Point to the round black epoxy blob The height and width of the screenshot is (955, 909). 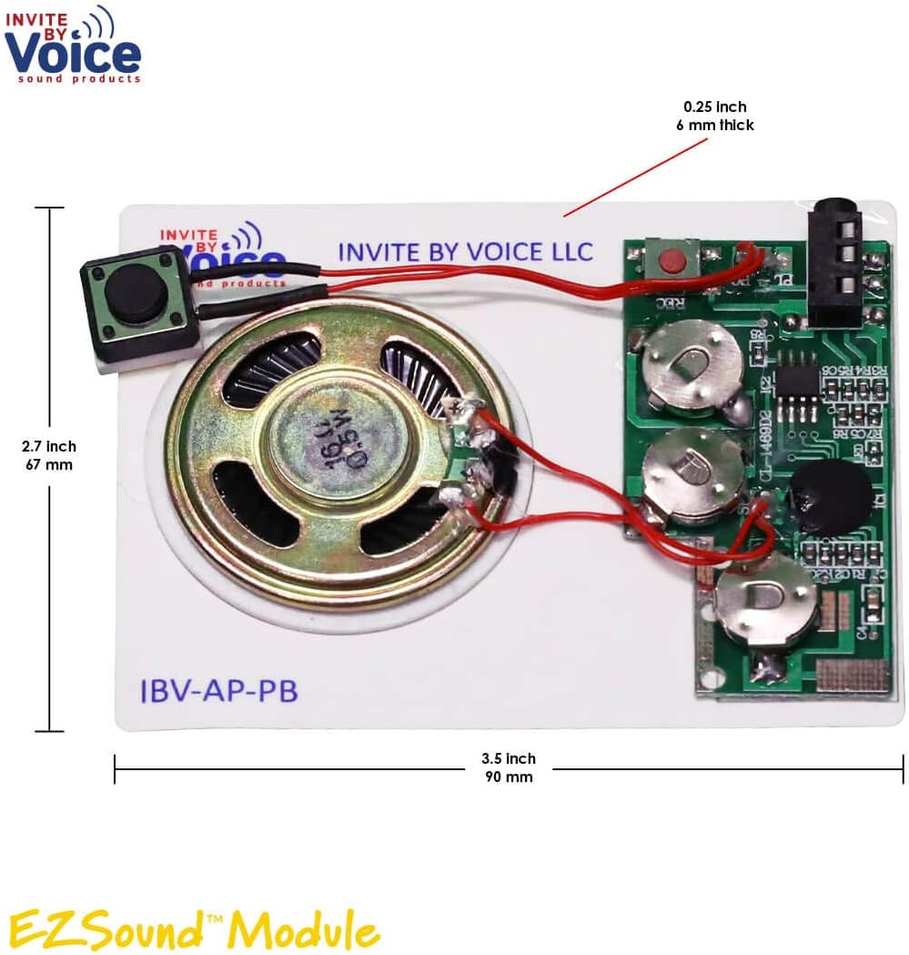click(x=829, y=497)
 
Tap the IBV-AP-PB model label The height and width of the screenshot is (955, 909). click(x=218, y=691)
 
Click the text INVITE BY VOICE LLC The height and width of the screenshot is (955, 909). click(x=465, y=252)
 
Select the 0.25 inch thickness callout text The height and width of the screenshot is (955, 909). click(x=714, y=116)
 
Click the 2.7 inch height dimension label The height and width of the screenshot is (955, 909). click(x=49, y=455)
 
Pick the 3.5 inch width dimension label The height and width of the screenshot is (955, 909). click(x=508, y=767)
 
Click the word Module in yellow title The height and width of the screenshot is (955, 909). click(x=304, y=930)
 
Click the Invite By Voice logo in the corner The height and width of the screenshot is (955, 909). click(x=73, y=46)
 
